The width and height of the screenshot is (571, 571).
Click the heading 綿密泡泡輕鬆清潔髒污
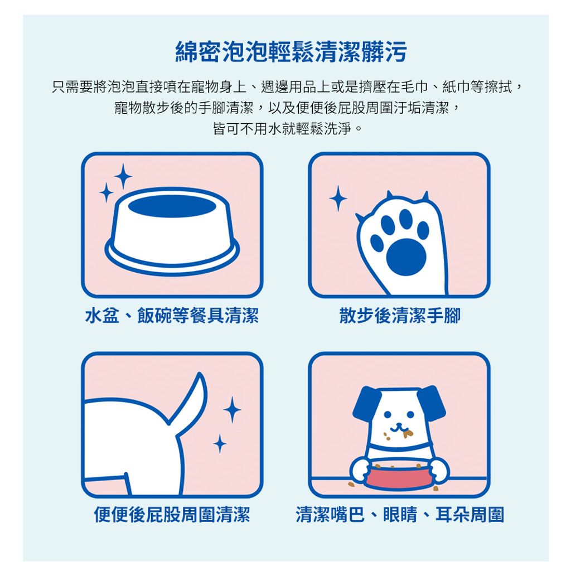pos(291,52)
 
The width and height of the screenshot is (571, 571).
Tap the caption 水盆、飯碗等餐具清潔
pos(172,316)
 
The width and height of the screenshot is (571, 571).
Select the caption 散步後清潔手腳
pos(400,316)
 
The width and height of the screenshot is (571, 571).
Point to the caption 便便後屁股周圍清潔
pos(172,515)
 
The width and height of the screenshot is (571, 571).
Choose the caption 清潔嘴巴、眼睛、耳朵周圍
pos(400,515)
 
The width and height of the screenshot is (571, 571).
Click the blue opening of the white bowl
pos(172,206)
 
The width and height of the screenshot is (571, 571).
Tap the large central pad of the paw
pos(406,257)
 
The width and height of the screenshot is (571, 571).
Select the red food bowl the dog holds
pos(400,475)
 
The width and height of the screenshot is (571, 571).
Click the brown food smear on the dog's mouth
pos(408,433)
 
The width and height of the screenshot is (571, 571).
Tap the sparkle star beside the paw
pos(338,199)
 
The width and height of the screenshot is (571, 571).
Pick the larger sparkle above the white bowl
pos(123,177)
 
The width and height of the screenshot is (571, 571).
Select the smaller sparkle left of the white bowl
pos(107,192)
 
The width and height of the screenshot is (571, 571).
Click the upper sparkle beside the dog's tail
pos(232,409)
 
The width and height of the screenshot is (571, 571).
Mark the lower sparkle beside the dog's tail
pos(220,443)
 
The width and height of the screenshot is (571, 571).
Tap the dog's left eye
pos(388,414)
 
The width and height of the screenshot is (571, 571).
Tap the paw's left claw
pos(360,218)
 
